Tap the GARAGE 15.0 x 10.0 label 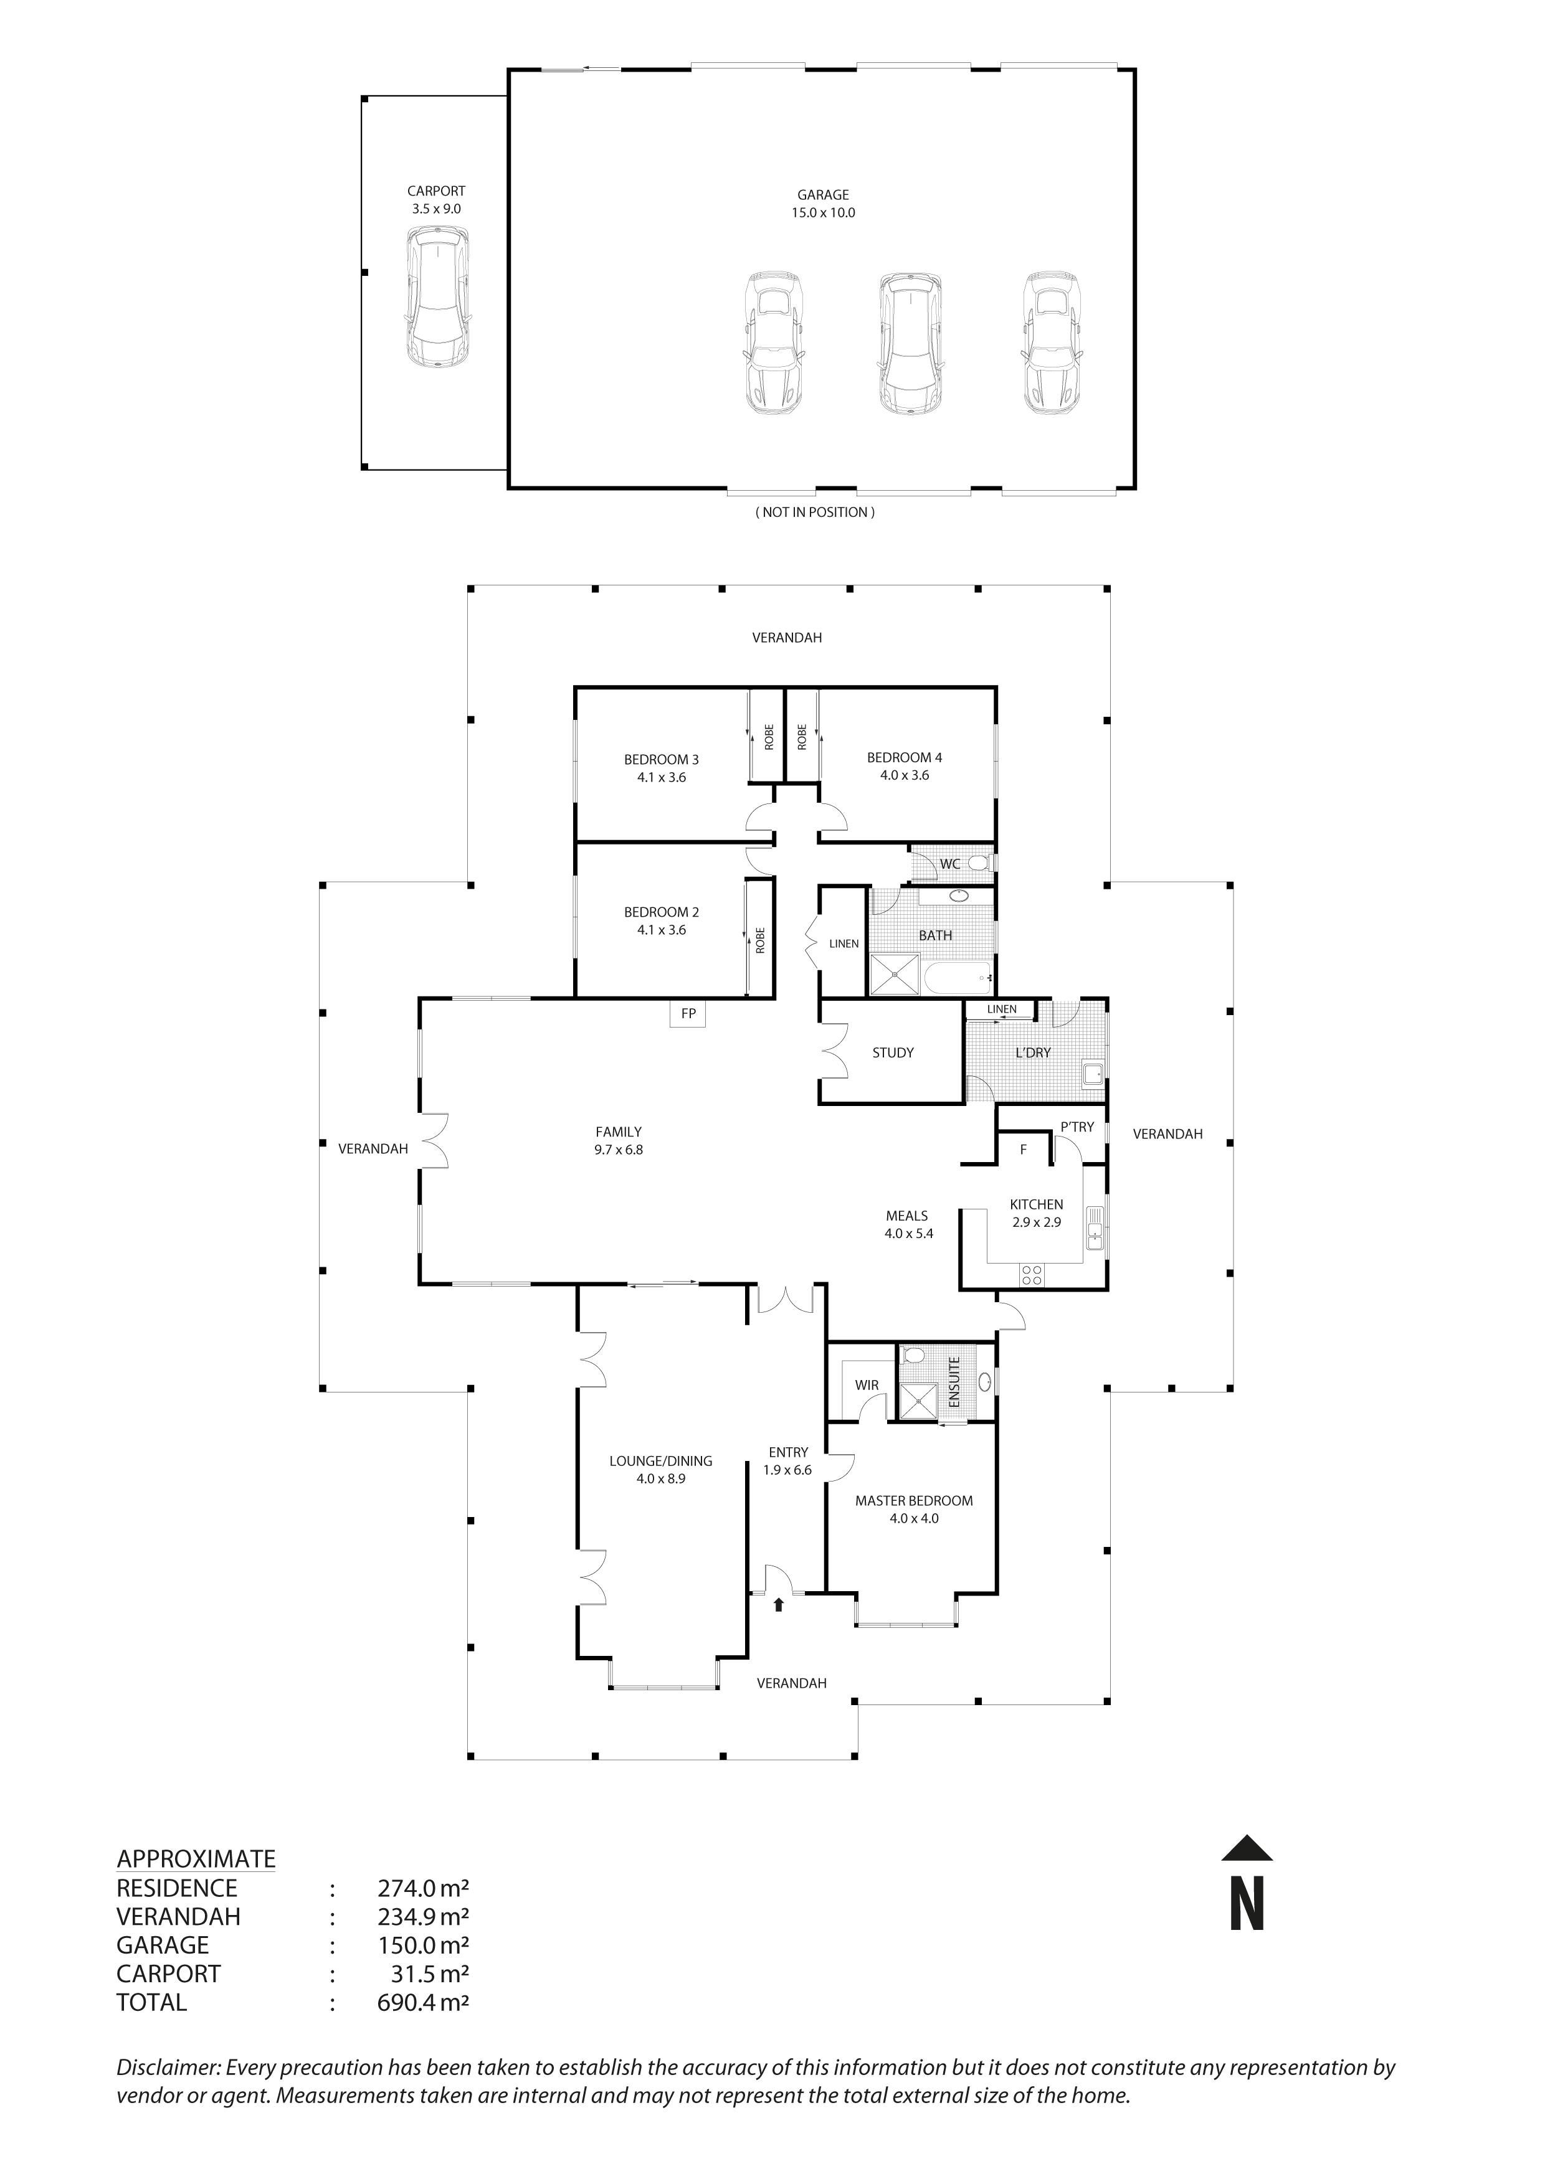[x=823, y=204]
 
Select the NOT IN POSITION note [x=815, y=512]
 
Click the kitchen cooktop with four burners [x=1031, y=1275]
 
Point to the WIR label [x=866, y=1385]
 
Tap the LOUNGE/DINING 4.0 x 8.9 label [x=660, y=1470]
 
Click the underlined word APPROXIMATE [x=196, y=1859]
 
